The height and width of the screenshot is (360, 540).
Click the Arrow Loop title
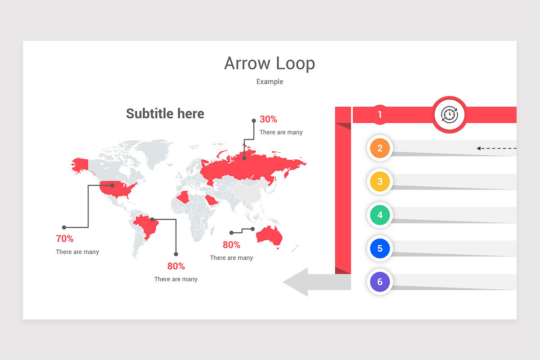tap(270, 63)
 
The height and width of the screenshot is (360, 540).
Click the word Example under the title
tap(270, 81)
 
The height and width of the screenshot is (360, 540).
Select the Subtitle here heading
tap(165, 113)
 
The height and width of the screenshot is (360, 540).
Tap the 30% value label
tap(268, 119)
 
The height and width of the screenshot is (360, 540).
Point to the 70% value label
tap(64, 238)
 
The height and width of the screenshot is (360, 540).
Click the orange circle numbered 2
tap(380, 148)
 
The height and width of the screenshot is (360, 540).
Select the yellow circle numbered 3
tap(380, 182)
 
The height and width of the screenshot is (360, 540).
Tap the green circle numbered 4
tap(380, 215)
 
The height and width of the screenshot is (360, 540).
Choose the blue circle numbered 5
tap(380, 248)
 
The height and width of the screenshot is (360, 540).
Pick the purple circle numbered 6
tap(380, 282)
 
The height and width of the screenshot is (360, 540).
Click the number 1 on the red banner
tap(379, 115)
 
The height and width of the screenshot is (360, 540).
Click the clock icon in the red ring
tap(449, 115)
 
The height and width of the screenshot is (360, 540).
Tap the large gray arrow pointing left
tap(310, 282)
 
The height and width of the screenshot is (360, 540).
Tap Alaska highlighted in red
tap(80, 164)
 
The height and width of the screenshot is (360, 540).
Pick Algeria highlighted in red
tap(184, 197)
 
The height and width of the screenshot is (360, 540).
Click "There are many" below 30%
tap(281, 132)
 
